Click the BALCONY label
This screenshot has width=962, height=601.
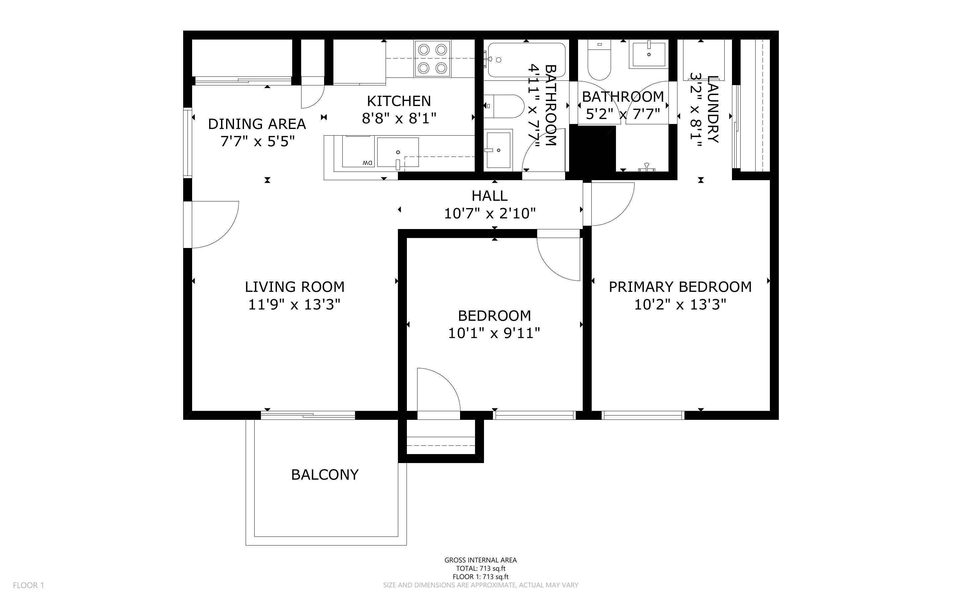tap(325, 475)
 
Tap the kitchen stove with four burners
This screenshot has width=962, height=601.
tap(432, 59)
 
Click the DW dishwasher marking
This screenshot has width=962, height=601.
tap(367, 163)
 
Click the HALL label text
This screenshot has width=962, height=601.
tap(489, 196)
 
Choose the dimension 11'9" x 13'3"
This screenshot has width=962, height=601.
tap(295, 304)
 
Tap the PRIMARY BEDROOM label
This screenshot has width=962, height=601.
tap(680, 287)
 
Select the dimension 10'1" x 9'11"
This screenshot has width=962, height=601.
tap(494, 333)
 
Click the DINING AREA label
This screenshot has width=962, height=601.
tap(257, 124)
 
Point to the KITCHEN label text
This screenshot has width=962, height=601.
tap(399, 101)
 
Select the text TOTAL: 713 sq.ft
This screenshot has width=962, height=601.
tap(480, 568)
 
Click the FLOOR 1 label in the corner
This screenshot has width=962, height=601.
tap(28, 585)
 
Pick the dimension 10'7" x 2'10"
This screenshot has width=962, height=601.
tap(490, 213)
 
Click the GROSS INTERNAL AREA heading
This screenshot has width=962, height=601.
tap(480, 560)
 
